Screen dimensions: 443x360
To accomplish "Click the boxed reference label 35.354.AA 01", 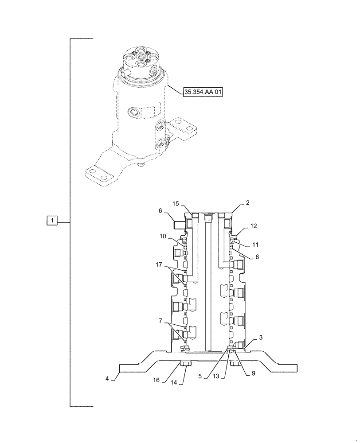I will click(203, 92).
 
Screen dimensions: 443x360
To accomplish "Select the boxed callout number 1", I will click(52, 220).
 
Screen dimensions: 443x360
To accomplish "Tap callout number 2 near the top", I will click(248, 203).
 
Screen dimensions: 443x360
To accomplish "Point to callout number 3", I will click(260, 338).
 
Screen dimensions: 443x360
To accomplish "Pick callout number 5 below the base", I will click(200, 377).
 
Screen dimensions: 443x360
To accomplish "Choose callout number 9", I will click(254, 373).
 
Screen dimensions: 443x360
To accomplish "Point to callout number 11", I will click(255, 244).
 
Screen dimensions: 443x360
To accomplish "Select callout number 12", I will click(254, 226).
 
